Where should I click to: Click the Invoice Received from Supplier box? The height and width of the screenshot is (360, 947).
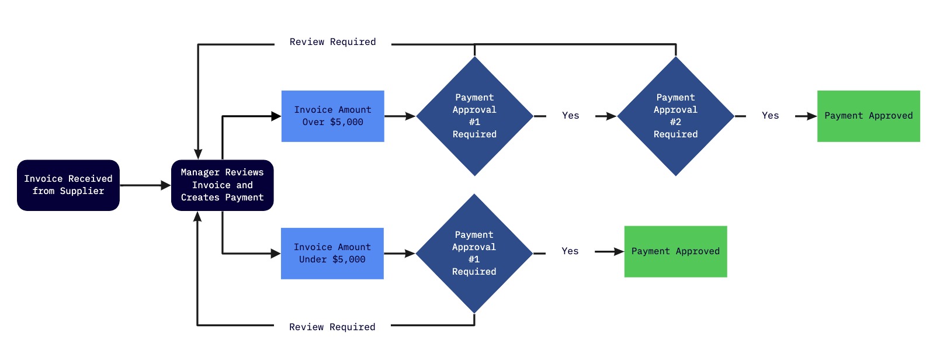pyautogui.click(x=68, y=185)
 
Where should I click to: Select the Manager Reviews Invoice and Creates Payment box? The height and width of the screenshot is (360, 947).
pyautogui.click(x=222, y=185)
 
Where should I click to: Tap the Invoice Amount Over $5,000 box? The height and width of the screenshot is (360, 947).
pyautogui.click(x=332, y=116)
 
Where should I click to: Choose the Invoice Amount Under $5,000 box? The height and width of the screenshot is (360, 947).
pyautogui.click(x=332, y=254)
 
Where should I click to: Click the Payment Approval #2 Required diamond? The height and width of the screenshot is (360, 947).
pyautogui.click(x=675, y=116)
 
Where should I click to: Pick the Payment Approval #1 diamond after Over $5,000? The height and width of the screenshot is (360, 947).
pyautogui.click(x=474, y=116)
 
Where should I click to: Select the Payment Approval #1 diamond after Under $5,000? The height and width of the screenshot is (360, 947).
pyautogui.click(x=474, y=254)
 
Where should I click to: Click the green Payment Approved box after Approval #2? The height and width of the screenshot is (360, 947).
pyautogui.click(x=868, y=116)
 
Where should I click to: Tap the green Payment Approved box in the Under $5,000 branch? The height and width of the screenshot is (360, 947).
pyautogui.click(x=675, y=252)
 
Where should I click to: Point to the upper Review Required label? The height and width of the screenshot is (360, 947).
pyautogui.click(x=332, y=42)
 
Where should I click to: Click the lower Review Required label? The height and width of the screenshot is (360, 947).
pyautogui.click(x=332, y=327)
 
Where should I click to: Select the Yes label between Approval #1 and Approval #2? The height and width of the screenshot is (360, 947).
pyautogui.click(x=570, y=116)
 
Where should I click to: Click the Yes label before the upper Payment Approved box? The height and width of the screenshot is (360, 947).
pyautogui.click(x=770, y=116)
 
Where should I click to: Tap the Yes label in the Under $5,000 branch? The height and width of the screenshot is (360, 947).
pyautogui.click(x=570, y=251)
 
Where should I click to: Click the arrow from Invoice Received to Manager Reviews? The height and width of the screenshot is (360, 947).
pyautogui.click(x=145, y=185)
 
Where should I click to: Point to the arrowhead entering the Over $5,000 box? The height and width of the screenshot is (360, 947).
pyautogui.click(x=276, y=116)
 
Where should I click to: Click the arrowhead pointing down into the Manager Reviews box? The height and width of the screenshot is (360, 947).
pyautogui.click(x=198, y=154)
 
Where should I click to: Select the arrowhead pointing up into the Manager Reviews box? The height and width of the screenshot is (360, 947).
pyautogui.click(x=197, y=217)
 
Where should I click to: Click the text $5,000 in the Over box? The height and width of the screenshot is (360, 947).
pyautogui.click(x=346, y=122)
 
